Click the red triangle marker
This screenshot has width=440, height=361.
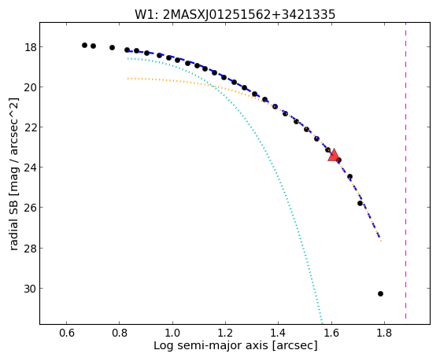click(334, 156)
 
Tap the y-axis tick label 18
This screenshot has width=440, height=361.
click(30, 47)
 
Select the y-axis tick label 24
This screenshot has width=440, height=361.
click(30, 168)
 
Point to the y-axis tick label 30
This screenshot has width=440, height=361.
click(30, 289)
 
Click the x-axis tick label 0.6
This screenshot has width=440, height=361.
click(66, 333)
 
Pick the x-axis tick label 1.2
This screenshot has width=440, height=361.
click(225, 333)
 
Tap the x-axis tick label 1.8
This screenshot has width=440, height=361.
click(384, 333)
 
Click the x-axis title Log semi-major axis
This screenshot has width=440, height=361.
click(211, 345)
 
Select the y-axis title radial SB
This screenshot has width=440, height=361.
click(14, 221)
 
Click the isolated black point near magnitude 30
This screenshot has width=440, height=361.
click(380, 293)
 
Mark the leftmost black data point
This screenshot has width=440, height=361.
click(84, 45)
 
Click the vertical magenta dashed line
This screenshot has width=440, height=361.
click(405, 171)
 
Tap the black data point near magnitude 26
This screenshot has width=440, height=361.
click(360, 203)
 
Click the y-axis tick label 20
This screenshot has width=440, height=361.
click(30, 87)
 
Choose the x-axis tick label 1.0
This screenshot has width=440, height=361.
click(172, 333)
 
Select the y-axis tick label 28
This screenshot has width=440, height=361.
click(30, 249)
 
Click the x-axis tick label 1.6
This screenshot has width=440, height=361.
click(331, 333)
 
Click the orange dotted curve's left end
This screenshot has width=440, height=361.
click(128, 79)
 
